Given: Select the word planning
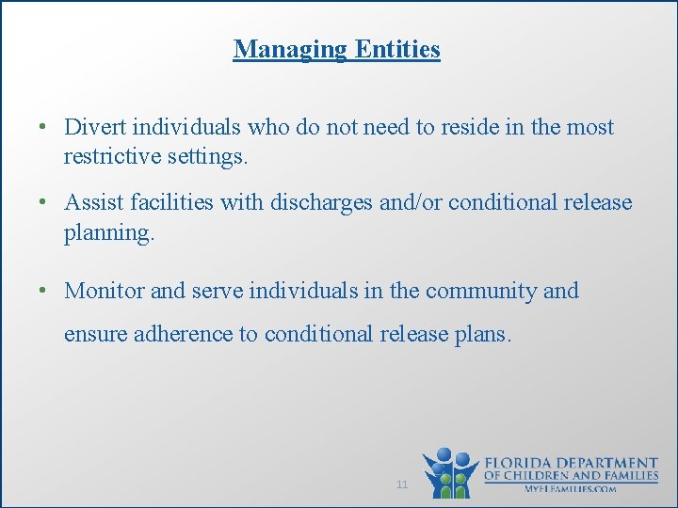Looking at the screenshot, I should click(x=107, y=232).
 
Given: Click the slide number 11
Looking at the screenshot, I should click(x=402, y=484).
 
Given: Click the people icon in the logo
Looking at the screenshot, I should click(x=450, y=472).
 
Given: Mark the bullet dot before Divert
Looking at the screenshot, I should click(x=44, y=128).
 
